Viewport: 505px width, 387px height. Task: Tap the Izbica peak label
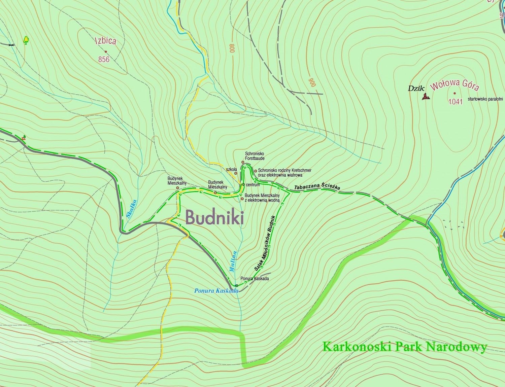click(106, 41)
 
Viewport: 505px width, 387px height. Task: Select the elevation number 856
click(104, 60)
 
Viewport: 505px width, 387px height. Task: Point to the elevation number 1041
click(456, 102)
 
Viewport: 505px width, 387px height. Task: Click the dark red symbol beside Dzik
click(426, 97)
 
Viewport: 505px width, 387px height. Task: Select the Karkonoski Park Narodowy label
click(405, 347)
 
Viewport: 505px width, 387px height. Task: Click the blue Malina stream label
click(233, 261)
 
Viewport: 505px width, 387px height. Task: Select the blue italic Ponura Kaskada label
click(216, 291)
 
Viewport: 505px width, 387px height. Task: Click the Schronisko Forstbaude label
click(255, 156)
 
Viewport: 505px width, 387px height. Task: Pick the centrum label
click(253, 185)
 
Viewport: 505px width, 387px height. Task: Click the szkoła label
click(231, 169)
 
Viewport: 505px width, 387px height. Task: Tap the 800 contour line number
click(232, 48)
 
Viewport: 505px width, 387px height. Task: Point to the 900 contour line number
click(312, 82)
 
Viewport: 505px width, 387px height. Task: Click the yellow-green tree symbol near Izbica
click(26, 40)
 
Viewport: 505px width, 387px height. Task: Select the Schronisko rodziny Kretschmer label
click(284, 173)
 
